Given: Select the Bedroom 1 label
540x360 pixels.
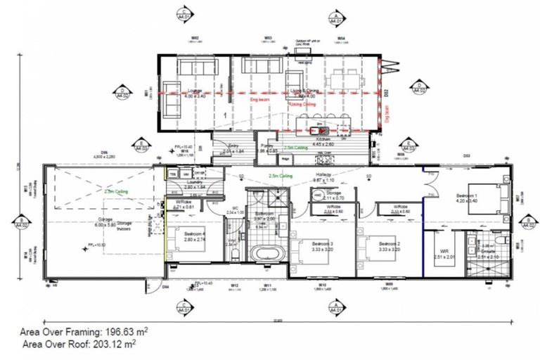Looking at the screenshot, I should [467, 197].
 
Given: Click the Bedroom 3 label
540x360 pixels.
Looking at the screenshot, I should [321, 244].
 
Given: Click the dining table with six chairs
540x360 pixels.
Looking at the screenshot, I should [343, 75].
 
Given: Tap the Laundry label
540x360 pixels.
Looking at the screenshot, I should [195, 184].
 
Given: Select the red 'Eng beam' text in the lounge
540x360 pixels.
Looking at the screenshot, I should [259, 101].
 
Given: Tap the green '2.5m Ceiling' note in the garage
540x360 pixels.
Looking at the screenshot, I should [115, 191].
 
